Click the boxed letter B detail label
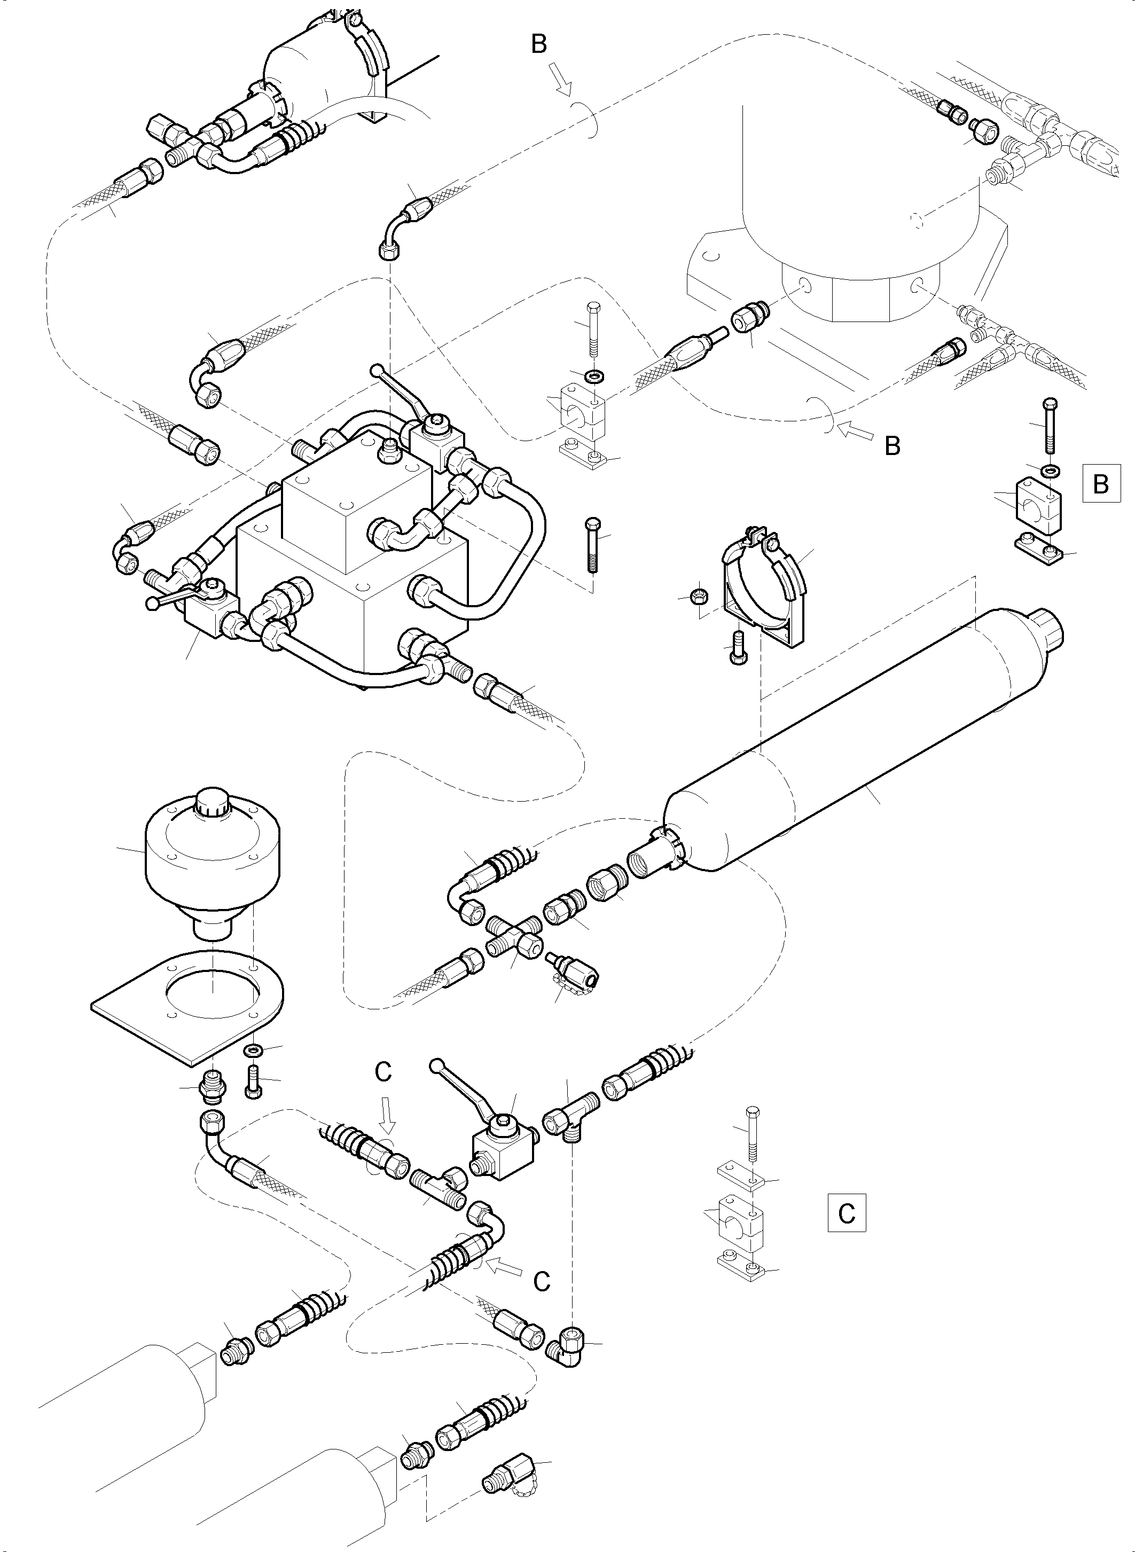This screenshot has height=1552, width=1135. click(1101, 484)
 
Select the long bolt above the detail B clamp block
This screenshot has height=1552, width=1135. click(1049, 426)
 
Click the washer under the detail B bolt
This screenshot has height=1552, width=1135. click(1050, 471)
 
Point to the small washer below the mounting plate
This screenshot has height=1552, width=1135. click(252, 1051)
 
